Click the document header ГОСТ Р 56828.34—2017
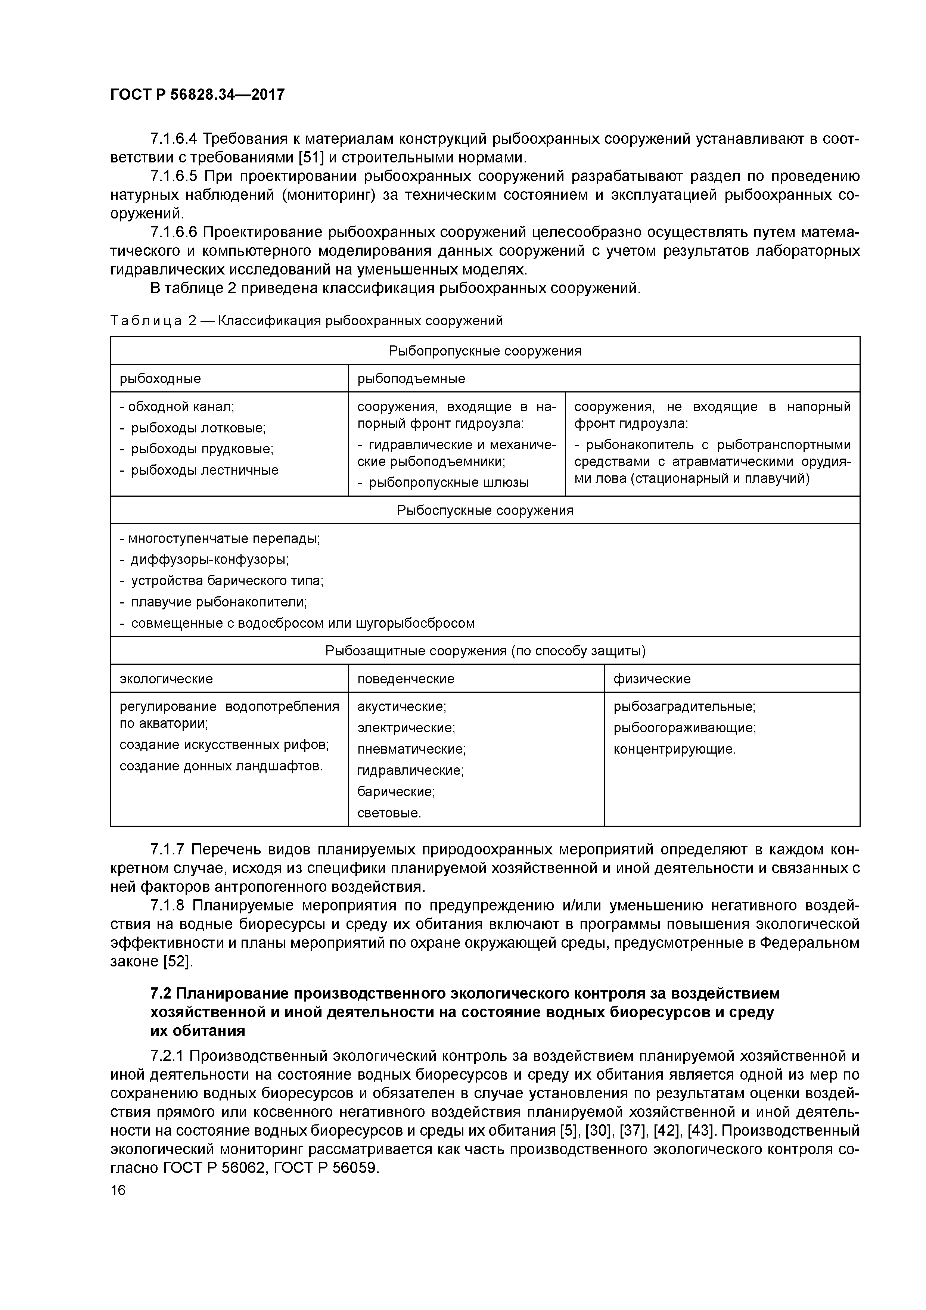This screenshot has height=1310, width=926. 197,95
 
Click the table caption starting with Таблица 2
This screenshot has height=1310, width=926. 307,321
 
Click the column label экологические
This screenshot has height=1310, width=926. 166,679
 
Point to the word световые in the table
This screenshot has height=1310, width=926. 389,813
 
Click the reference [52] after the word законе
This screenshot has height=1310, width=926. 178,961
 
